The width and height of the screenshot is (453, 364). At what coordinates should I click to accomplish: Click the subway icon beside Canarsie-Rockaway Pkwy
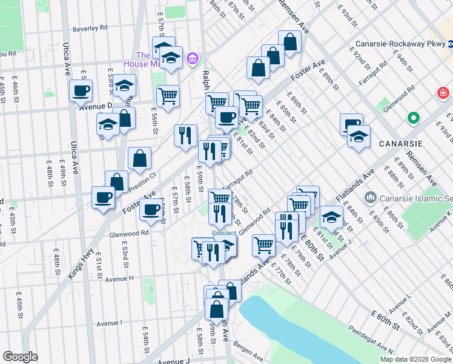coord(450,44)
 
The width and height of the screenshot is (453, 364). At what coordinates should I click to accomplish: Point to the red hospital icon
coord(444,93)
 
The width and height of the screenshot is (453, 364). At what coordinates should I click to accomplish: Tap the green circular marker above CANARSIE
coord(414,118)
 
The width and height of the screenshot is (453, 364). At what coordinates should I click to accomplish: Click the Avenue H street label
coord(119,278)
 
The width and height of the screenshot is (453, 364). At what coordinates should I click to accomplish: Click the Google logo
coord(21,357)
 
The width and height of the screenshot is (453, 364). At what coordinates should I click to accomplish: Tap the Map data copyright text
coord(415,359)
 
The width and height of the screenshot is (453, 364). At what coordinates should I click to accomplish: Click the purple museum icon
coord(193,58)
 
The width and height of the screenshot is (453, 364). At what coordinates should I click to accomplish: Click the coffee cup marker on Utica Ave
coord(81,92)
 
